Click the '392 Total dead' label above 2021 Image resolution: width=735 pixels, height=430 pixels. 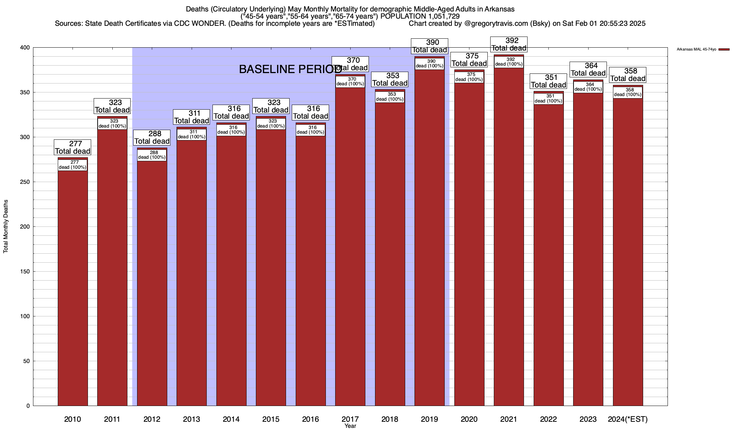(x=509, y=44)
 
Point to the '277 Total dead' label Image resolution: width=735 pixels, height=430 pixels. (x=72, y=148)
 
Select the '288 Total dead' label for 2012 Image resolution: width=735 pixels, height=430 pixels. (x=152, y=138)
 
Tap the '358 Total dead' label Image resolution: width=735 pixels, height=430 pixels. (x=628, y=75)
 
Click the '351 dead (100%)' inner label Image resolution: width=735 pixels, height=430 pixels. (x=548, y=99)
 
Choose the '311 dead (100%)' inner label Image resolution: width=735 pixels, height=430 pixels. (x=192, y=134)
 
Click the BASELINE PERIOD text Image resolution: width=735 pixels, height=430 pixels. (x=290, y=70)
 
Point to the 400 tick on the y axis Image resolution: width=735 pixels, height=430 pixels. (x=25, y=48)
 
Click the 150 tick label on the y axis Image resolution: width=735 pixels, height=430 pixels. (x=25, y=272)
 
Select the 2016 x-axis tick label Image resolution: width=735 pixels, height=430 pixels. (x=310, y=419)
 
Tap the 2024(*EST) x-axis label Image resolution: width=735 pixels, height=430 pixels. (x=628, y=419)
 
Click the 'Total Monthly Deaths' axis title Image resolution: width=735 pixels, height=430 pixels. (x=6, y=226)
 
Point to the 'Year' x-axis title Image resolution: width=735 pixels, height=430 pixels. (x=350, y=426)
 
